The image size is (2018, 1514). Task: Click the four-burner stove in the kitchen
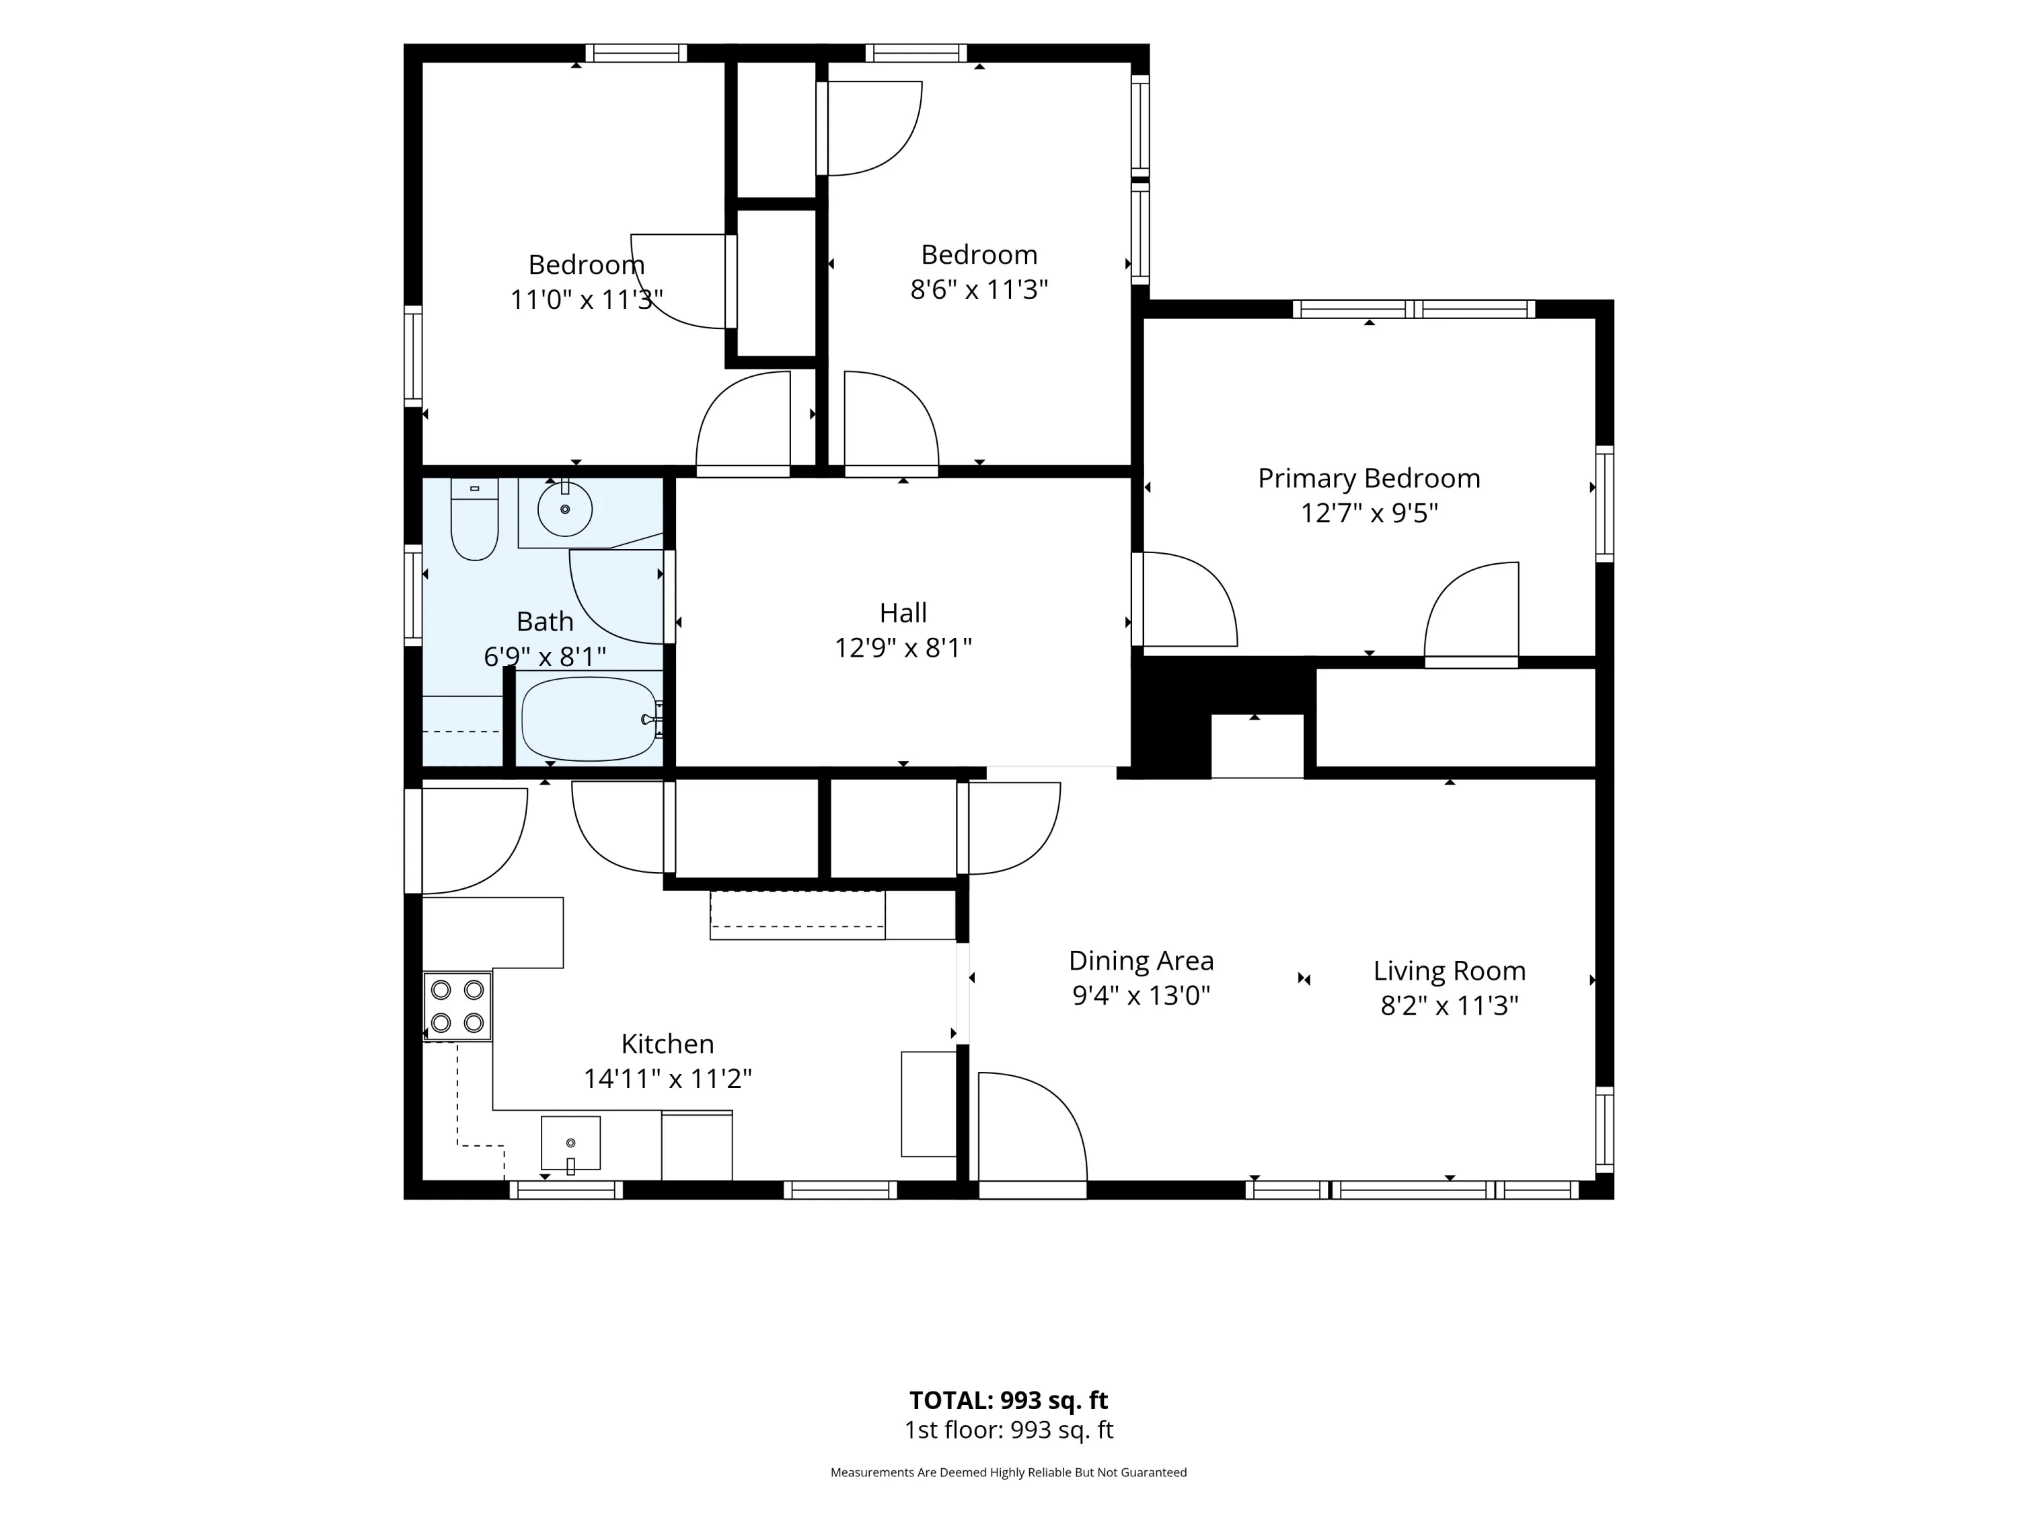pyautogui.click(x=457, y=1007)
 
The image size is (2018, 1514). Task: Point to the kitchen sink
pyautogui.click(x=570, y=1143)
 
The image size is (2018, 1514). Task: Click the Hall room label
pyautogui.click(x=903, y=612)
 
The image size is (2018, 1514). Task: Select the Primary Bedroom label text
pyautogui.click(x=1368, y=478)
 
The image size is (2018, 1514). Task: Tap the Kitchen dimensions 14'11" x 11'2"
pyautogui.click(x=668, y=1079)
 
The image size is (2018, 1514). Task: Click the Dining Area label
pyautogui.click(x=1142, y=960)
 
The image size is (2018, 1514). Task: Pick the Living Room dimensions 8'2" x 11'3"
pyautogui.click(x=1450, y=1005)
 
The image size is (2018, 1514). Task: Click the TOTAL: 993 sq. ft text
pyautogui.click(x=1009, y=1400)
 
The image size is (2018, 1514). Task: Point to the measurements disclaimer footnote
pyautogui.click(x=1009, y=1472)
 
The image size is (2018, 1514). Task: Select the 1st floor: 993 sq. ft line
pyautogui.click(x=1009, y=1430)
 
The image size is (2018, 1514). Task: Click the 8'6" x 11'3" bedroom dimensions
pyautogui.click(x=979, y=289)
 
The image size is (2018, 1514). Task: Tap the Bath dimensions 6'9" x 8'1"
pyautogui.click(x=545, y=656)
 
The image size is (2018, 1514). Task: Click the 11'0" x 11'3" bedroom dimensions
pyautogui.click(x=587, y=299)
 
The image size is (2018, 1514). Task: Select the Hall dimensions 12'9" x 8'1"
pyautogui.click(x=903, y=647)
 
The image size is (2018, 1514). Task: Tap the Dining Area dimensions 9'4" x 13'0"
pyautogui.click(x=1142, y=995)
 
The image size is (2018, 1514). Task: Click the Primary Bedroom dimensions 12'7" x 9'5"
pyautogui.click(x=1368, y=513)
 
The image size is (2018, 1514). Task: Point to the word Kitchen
pyautogui.click(x=668, y=1043)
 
